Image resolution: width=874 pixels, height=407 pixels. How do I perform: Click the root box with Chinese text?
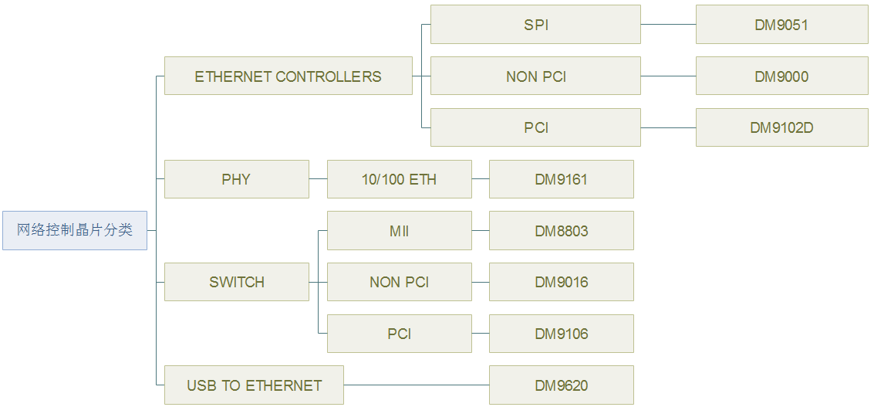click(75, 230)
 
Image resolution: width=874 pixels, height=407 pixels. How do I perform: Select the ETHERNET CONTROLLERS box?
click(289, 76)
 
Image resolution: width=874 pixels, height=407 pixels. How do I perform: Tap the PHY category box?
click(236, 179)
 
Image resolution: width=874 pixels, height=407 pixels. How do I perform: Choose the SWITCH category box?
click(236, 282)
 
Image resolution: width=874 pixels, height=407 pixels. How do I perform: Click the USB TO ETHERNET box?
click(254, 385)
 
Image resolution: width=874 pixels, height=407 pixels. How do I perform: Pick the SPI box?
click(535, 25)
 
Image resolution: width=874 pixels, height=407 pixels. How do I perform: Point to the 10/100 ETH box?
click(399, 179)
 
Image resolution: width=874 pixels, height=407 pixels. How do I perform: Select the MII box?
click(399, 231)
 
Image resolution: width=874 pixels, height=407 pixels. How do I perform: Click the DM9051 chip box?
click(782, 25)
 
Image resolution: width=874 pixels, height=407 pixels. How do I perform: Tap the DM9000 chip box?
click(782, 76)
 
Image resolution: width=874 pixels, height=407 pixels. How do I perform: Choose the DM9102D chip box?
click(782, 127)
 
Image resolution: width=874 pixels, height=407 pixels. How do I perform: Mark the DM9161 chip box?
click(562, 179)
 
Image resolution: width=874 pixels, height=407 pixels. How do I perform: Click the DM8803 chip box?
click(562, 231)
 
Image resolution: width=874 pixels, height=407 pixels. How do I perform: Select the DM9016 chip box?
click(562, 282)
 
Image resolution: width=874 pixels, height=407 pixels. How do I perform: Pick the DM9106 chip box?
click(562, 334)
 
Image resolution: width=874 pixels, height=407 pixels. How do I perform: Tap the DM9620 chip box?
click(562, 385)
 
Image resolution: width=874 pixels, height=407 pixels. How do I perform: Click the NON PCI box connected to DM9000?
click(535, 76)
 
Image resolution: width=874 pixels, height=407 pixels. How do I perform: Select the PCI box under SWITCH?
click(399, 334)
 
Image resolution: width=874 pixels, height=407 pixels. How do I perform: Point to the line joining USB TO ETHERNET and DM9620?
click(417, 385)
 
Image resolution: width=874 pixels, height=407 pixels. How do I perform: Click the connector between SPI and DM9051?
click(668, 25)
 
